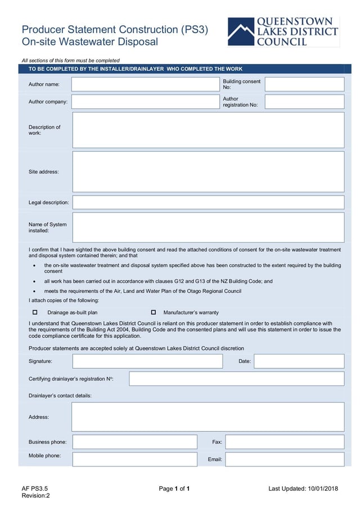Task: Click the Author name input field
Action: (x=146, y=84)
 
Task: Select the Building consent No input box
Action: (x=304, y=84)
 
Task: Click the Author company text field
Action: (x=146, y=102)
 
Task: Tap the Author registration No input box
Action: (x=304, y=102)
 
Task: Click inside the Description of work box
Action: (x=208, y=130)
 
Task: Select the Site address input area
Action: (x=208, y=171)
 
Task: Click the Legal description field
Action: (x=208, y=202)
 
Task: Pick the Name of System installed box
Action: (x=208, y=227)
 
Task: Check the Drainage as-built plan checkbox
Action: (x=35, y=312)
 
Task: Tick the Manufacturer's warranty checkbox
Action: (x=153, y=312)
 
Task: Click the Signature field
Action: (x=147, y=361)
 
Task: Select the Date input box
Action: (x=299, y=361)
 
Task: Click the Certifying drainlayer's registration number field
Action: (x=236, y=379)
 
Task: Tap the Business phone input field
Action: (x=134, y=442)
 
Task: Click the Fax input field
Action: (x=285, y=442)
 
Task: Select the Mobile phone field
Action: (x=134, y=459)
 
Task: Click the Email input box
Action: (x=285, y=459)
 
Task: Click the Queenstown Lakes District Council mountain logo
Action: (x=241, y=32)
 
